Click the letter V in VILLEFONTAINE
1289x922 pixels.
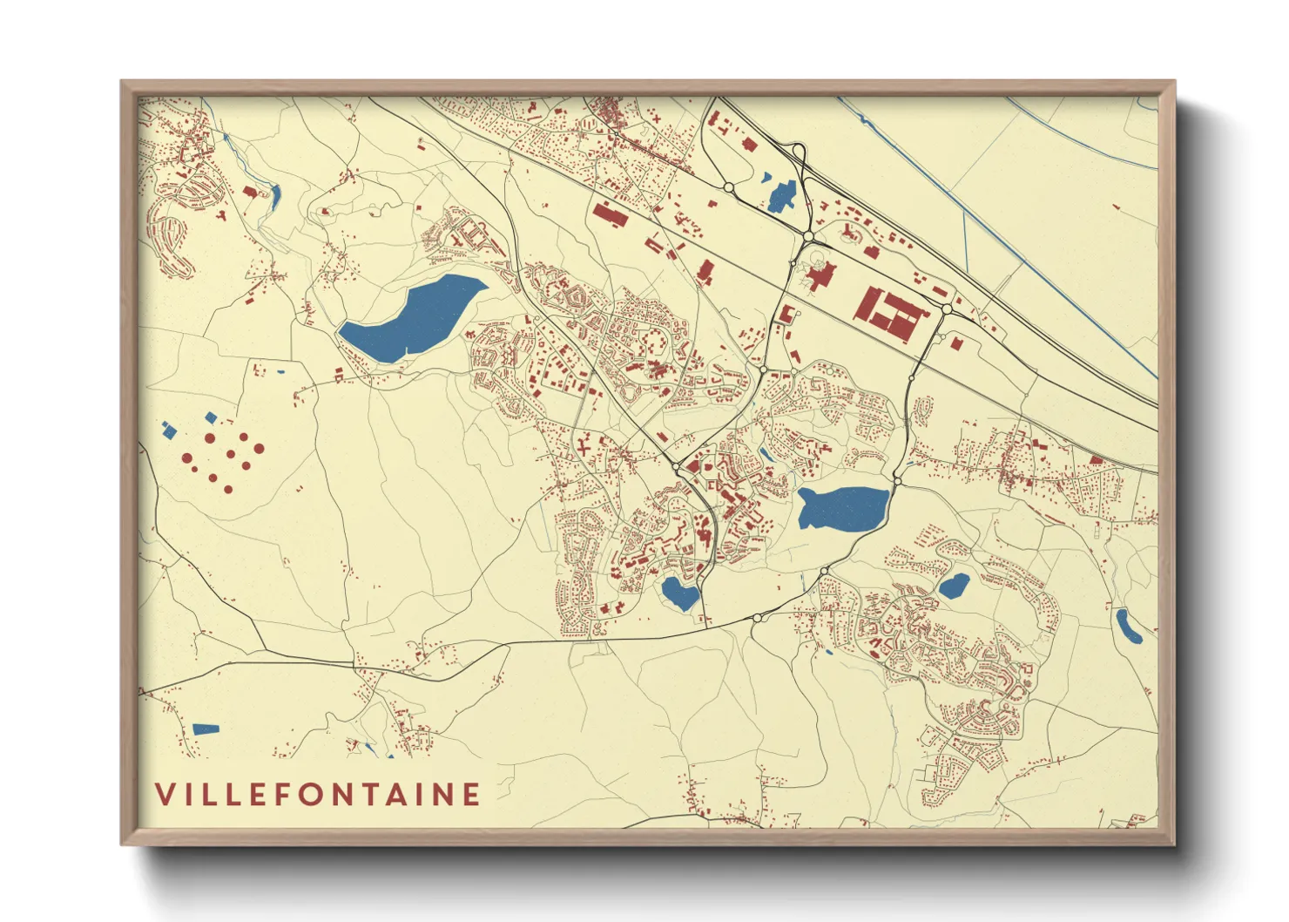tap(165, 794)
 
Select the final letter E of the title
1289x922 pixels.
tap(471, 794)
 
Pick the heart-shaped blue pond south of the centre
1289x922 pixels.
tap(680, 593)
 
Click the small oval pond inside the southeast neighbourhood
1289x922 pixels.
tap(954, 586)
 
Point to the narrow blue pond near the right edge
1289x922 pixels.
tap(1129, 626)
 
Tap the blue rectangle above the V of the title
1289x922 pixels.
tap(206, 729)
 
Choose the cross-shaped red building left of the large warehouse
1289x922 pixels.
tap(819, 279)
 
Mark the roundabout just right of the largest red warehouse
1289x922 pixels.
tap(947, 308)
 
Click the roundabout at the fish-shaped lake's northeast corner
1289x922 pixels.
tap(897, 480)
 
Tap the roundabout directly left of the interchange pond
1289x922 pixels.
tap(729, 187)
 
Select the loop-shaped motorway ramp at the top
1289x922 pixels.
tap(794, 150)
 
